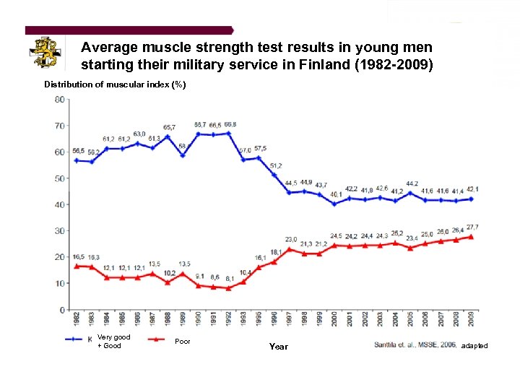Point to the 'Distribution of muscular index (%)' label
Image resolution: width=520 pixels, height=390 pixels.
(115, 84)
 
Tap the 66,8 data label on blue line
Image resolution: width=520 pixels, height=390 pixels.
(230, 125)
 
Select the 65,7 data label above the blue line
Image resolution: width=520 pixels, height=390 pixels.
(170, 127)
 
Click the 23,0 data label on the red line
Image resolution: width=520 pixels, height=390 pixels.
(291, 240)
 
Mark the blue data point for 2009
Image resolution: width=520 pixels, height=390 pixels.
(472, 199)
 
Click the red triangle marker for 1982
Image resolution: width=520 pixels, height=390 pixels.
(77, 266)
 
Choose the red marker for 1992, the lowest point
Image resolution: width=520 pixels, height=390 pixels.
(228, 287)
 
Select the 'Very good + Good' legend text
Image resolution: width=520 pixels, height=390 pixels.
(113, 341)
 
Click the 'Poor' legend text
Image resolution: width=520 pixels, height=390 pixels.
(183, 341)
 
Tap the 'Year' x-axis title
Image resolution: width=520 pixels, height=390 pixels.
(278, 347)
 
